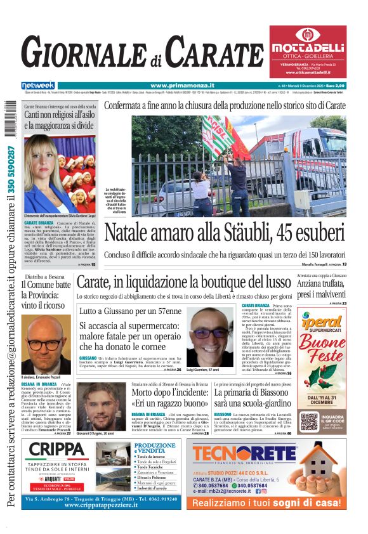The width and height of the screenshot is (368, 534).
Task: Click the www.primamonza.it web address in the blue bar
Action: pyautogui.click(x=182, y=86)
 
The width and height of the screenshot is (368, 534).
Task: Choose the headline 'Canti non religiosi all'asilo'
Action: pyautogui.click(x=59, y=120)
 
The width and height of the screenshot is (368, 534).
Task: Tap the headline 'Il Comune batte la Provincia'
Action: pyautogui.click(x=46, y=295)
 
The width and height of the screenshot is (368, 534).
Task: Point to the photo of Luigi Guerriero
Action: pyautogui.click(x=211, y=336)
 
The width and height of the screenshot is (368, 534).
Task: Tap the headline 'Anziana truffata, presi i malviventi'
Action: pyautogui.click(x=322, y=289)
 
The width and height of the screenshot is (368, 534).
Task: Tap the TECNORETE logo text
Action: pyautogui.click(x=245, y=455)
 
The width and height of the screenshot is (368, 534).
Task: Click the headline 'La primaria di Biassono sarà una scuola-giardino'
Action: pyautogui.click(x=253, y=398)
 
